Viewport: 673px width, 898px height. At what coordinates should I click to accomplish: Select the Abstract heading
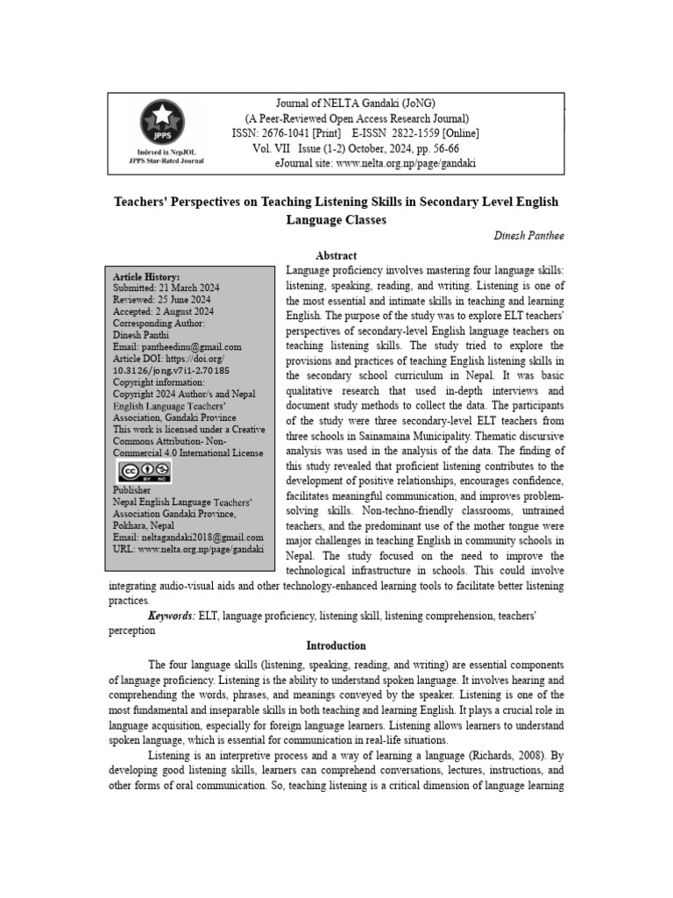coord(336,255)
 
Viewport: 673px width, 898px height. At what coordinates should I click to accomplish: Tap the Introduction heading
coord(336,645)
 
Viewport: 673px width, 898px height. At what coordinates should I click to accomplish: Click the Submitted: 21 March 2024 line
coord(166,288)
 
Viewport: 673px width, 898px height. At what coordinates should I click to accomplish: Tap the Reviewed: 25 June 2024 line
coord(162,299)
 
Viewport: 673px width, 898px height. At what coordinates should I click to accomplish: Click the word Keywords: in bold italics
coord(172,616)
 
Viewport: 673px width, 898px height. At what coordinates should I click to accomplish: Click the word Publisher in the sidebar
coord(131,489)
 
